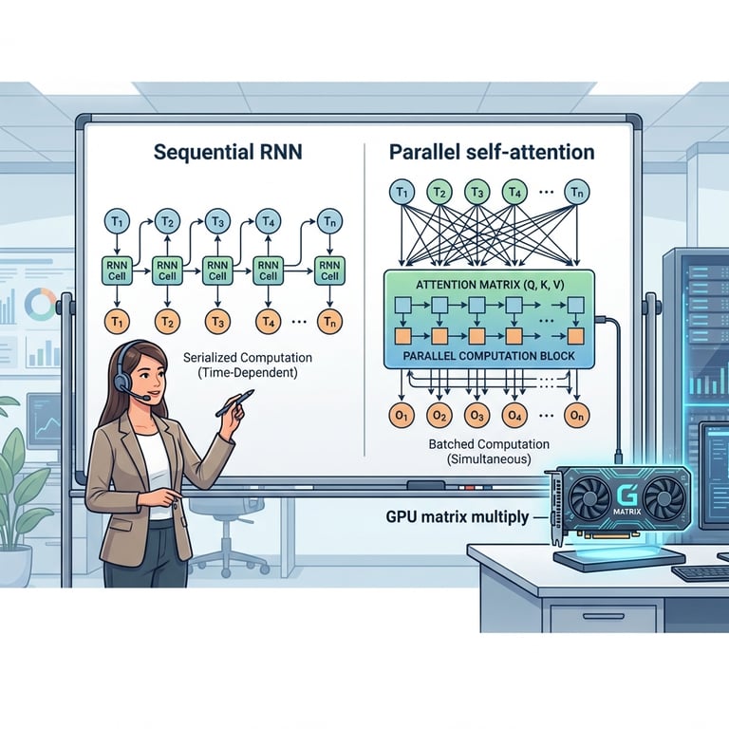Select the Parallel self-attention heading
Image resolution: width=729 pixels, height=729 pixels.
(493, 152)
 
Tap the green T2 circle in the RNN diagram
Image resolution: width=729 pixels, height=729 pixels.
(167, 222)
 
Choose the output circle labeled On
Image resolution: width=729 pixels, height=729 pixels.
(575, 417)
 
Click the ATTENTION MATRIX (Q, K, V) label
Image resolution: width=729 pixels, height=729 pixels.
(489, 284)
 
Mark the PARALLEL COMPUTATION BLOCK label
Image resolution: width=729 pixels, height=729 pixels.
(487, 356)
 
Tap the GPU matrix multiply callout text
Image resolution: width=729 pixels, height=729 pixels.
(458, 518)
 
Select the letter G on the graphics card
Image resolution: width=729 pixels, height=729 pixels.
(626, 496)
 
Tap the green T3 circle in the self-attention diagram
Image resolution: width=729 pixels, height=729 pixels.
(477, 193)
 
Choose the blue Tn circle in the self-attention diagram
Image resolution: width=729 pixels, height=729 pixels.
(575, 193)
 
